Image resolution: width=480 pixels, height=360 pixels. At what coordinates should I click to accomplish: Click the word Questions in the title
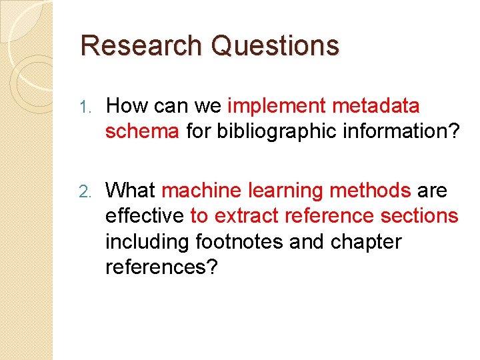(275, 45)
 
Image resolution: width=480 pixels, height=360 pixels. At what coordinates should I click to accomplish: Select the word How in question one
(128, 106)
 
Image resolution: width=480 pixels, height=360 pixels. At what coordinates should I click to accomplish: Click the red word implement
(276, 106)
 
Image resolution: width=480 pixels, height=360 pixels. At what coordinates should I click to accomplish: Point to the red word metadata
(376, 106)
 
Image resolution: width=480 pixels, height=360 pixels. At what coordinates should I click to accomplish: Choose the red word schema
(142, 131)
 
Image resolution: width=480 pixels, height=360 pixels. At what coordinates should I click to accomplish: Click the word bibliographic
(277, 131)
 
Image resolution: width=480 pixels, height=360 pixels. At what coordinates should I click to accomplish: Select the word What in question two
(131, 191)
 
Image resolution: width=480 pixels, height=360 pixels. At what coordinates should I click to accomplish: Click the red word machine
(201, 191)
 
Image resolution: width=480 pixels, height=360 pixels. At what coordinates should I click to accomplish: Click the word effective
(144, 216)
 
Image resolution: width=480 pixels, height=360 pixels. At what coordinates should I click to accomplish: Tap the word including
(148, 241)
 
